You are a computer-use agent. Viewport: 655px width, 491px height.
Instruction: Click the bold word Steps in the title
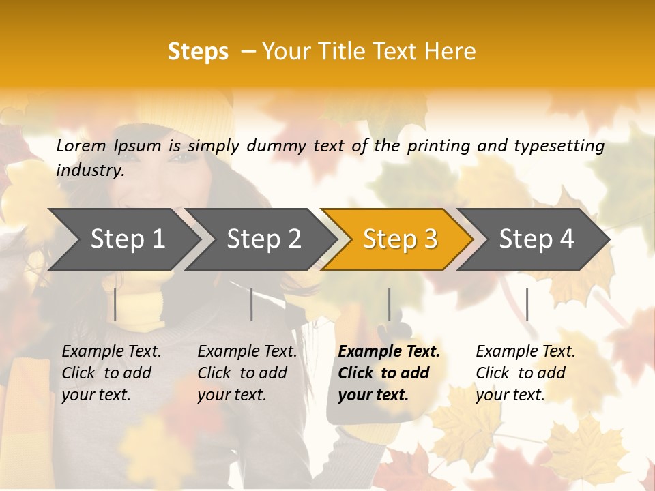coord(198,52)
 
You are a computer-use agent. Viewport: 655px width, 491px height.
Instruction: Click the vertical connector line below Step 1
coord(115,304)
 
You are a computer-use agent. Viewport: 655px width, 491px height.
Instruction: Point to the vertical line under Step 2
coord(252,304)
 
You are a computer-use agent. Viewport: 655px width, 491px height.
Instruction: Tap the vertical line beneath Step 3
coord(389,304)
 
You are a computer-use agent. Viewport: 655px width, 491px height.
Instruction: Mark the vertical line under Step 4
coord(527,304)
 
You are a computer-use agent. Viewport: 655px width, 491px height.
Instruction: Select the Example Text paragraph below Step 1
coord(111,373)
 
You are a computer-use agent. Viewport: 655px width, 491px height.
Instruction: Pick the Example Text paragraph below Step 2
coord(247,373)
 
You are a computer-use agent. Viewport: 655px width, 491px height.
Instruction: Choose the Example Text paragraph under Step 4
coord(525,373)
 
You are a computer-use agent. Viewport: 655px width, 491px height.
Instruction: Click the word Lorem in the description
coord(81,145)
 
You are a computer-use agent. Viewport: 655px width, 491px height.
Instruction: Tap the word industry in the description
coord(90,170)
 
